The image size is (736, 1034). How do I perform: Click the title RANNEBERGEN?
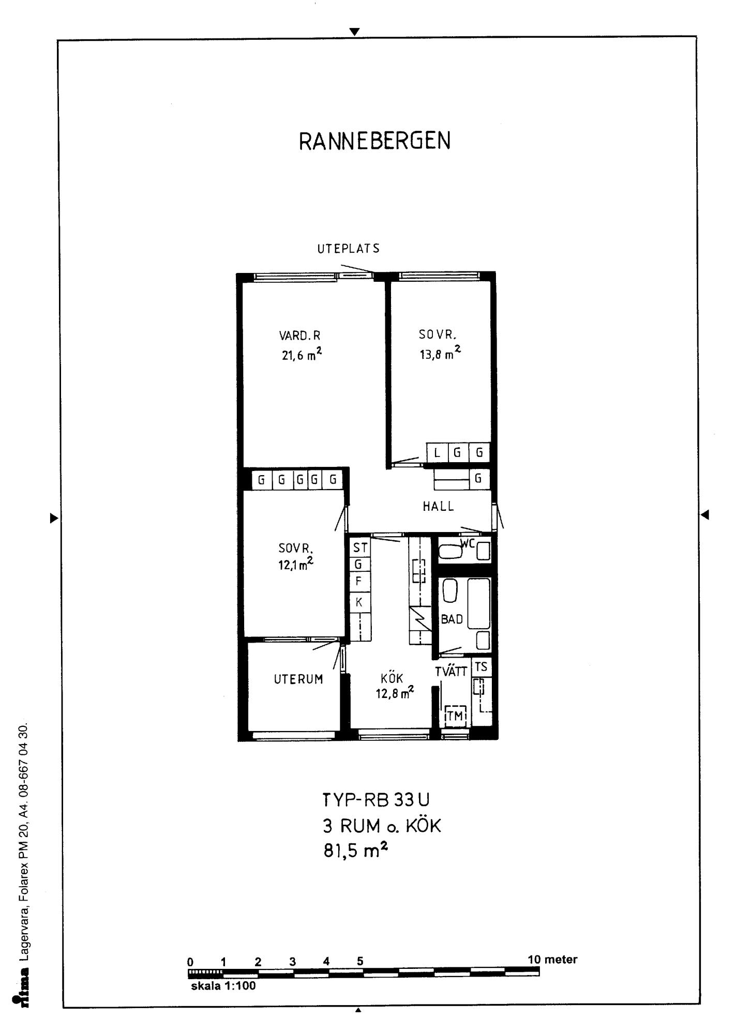375,141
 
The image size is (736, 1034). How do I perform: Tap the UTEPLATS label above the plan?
349,249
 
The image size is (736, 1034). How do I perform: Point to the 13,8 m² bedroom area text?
440,353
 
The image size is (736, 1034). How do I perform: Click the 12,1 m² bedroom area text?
296,563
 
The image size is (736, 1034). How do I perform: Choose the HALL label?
439,507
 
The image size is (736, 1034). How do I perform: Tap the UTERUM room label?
298,679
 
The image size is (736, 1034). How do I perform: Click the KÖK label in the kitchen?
392,678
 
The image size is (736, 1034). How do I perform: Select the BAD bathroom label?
452,619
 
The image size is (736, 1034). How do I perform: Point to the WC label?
468,543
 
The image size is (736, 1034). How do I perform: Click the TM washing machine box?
455,716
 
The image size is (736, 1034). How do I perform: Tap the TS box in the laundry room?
481,667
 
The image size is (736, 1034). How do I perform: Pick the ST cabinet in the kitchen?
360,548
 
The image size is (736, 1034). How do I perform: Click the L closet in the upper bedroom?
437,453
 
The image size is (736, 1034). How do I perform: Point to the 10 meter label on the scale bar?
552,960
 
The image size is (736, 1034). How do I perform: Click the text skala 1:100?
223,986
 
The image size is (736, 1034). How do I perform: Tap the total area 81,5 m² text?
356,850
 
